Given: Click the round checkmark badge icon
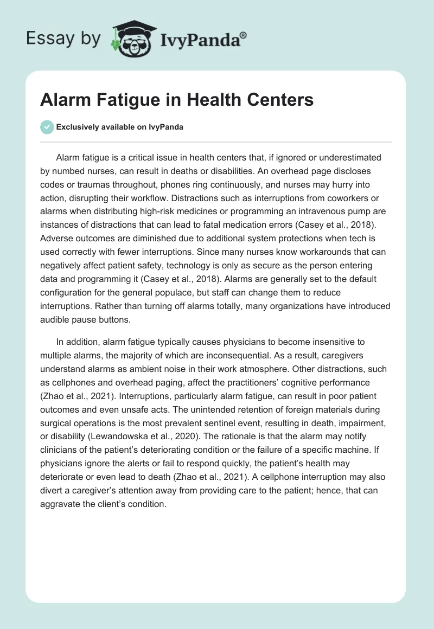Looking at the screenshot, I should point(47,127).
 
